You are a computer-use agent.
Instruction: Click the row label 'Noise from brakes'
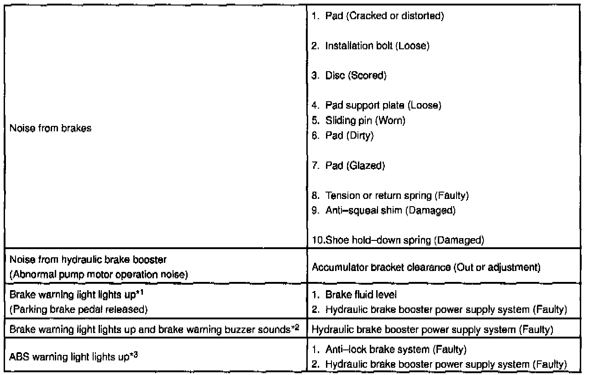point(50,129)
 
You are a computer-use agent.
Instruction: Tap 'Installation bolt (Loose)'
point(377,46)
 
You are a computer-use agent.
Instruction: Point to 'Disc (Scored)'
point(355,76)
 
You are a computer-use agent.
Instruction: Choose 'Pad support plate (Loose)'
point(383,105)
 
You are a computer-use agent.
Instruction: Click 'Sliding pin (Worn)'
point(364,121)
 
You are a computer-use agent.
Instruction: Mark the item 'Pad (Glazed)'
point(354,166)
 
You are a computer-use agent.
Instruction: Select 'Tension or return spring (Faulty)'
point(397,196)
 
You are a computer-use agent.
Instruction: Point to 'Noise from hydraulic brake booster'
point(88,260)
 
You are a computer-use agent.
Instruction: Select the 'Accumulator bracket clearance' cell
point(426,267)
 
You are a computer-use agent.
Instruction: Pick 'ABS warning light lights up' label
point(73,356)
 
